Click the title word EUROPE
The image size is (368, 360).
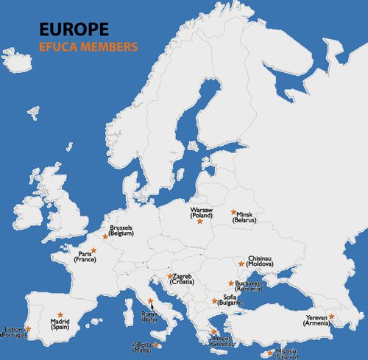(74, 29)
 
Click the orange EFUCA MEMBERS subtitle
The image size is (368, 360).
(88, 46)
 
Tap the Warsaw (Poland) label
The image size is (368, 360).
(201, 213)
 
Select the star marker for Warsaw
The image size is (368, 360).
(199, 222)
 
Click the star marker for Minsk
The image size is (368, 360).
(233, 211)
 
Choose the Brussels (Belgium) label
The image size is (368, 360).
(121, 231)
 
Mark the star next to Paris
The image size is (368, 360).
(93, 250)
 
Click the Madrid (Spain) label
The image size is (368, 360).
(60, 324)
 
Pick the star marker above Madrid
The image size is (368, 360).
(60, 314)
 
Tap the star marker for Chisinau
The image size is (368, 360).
(241, 263)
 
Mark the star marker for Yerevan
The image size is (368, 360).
(331, 316)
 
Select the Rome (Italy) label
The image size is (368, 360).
(149, 317)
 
